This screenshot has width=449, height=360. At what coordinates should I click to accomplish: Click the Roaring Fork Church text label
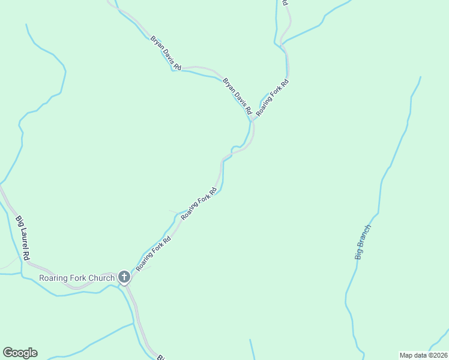pyautogui.click(x=76, y=278)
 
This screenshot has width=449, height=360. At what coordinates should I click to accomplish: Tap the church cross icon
pyautogui.click(x=124, y=277)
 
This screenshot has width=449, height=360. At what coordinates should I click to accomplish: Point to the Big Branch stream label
pyautogui.click(x=363, y=242)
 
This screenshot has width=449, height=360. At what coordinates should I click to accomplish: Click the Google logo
pyautogui.click(x=20, y=353)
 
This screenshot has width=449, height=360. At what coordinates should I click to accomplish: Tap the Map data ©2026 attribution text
pyautogui.click(x=424, y=355)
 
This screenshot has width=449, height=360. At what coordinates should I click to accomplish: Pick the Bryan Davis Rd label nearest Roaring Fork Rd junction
pyautogui.click(x=237, y=96)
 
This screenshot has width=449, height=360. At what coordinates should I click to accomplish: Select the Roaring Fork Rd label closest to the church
pyautogui.click(x=154, y=254)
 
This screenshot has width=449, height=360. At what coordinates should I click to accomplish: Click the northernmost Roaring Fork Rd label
pyautogui.click(x=273, y=97)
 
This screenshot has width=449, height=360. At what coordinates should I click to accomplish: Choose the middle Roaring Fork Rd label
pyautogui.click(x=199, y=203)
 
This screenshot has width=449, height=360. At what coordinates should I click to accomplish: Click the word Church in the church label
pyautogui.click(x=100, y=278)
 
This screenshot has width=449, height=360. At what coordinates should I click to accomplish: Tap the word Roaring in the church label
pyautogui.click(x=52, y=278)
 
